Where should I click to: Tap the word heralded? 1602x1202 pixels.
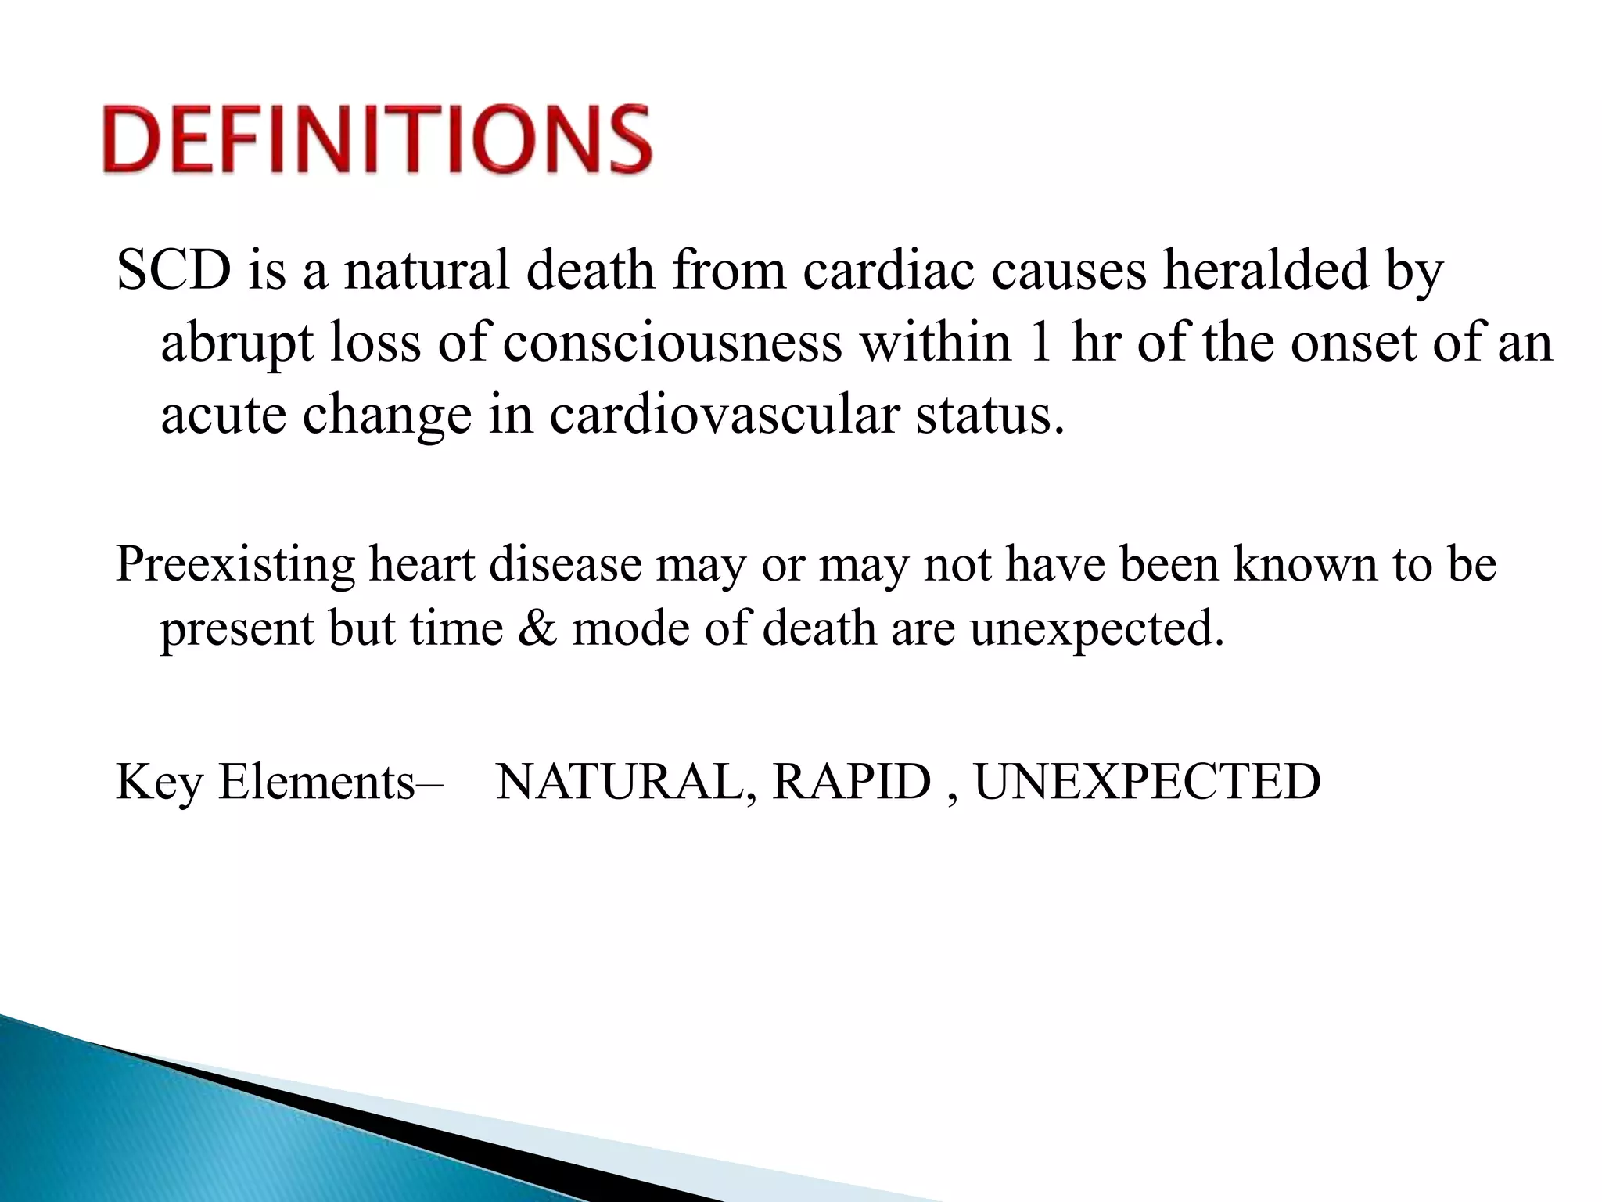[1266, 270]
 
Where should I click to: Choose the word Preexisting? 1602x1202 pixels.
[235, 564]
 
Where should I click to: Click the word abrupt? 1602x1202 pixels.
[238, 344]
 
